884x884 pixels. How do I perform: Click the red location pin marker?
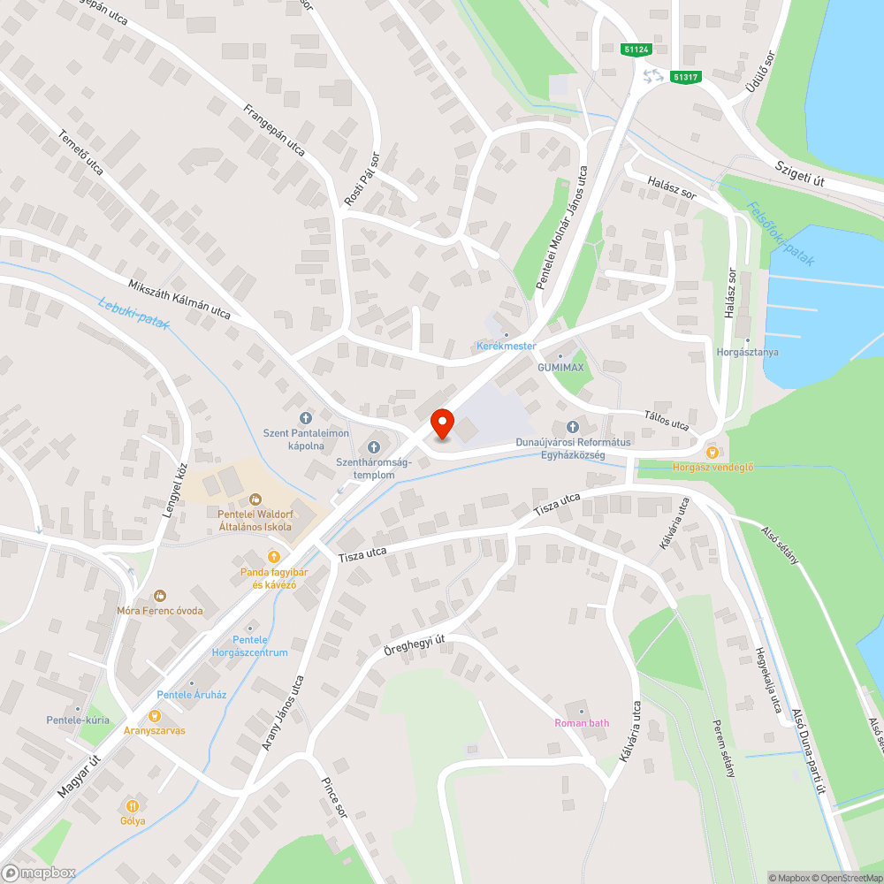pyautogui.click(x=441, y=423)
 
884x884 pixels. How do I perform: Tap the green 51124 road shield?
pyautogui.click(x=636, y=50)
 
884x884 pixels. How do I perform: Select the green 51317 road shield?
pyautogui.click(x=685, y=77)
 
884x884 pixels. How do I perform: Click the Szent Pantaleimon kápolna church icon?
pyautogui.click(x=306, y=417)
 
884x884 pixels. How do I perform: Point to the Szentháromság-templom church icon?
pyautogui.click(x=372, y=446)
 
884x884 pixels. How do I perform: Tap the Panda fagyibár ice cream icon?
pyautogui.click(x=273, y=557)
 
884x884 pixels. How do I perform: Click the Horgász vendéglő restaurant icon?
pyautogui.click(x=712, y=452)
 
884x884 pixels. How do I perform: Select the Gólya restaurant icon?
pyautogui.click(x=133, y=805)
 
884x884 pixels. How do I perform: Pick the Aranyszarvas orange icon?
pyautogui.click(x=155, y=716)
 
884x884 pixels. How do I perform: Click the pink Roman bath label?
pyautogui.click(x=582, y=723)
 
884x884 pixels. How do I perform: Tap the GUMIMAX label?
pyautogui.click(x=560, y=367)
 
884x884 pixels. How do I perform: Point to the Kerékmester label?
pyautogui.click(x=507, y=345)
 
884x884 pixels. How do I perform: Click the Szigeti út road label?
pyautogui.click(x=800, y=173)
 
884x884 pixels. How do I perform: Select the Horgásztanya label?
pyautogui.click(x=747, y=352)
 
